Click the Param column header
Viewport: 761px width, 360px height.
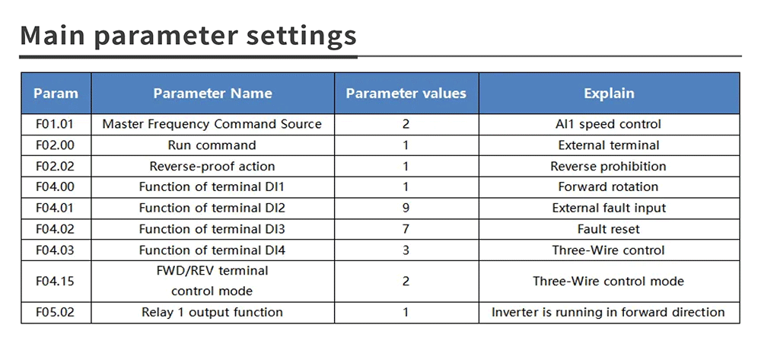click(56, 93)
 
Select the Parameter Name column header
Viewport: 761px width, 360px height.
click(212, 93)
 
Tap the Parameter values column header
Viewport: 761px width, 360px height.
click(406, 93)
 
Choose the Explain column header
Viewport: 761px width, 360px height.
click(609, 93)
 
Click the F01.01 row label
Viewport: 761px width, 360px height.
click(55, 124)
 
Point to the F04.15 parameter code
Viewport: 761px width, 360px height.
click(55, 281)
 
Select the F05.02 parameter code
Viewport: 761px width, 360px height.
click(55, 312)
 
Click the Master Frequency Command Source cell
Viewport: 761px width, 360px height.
click(212, 124)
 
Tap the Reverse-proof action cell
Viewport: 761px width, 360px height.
click(212, 167)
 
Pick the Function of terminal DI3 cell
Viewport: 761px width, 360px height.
click(212, 229)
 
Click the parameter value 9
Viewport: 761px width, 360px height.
click(406, 208)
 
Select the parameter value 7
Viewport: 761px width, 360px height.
click(406, 229)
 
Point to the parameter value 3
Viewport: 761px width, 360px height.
click(406, 250)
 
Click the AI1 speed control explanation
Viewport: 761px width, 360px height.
click(608, 124)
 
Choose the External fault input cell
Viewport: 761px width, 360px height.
click(609, 208)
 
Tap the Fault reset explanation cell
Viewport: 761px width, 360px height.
click(609, 229)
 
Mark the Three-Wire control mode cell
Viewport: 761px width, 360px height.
click(609, 281)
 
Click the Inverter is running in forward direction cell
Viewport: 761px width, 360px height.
click(608, 312)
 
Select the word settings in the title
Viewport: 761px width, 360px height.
click(301, 37)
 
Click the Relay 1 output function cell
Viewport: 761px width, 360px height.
click(212, 312)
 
